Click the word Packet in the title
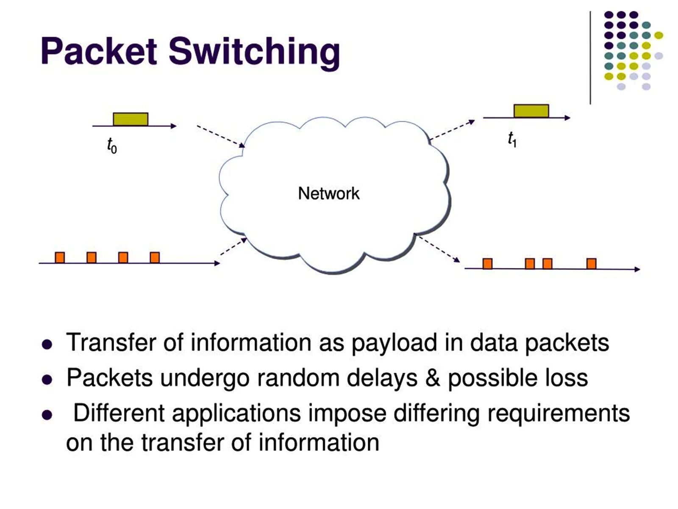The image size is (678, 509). pos(99,51)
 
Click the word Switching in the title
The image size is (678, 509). pos(254,51)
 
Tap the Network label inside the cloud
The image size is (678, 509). pos(328,193)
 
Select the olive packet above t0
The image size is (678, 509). pos(131,119)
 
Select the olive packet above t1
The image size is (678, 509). pos(531,111)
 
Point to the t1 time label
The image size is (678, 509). pos(512,139)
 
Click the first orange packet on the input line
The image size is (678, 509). pos(60,257)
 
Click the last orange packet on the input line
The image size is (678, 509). pos(155,257)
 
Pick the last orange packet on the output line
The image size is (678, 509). pos(591,264)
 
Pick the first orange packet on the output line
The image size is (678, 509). pos(487,264)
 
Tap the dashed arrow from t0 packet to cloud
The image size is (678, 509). pos(220,136)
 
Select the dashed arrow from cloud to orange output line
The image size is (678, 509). pos(439,249)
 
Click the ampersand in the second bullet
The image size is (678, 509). pos(432,378)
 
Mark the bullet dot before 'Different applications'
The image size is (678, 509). pos(47,414)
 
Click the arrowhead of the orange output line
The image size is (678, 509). pos(637,269)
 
